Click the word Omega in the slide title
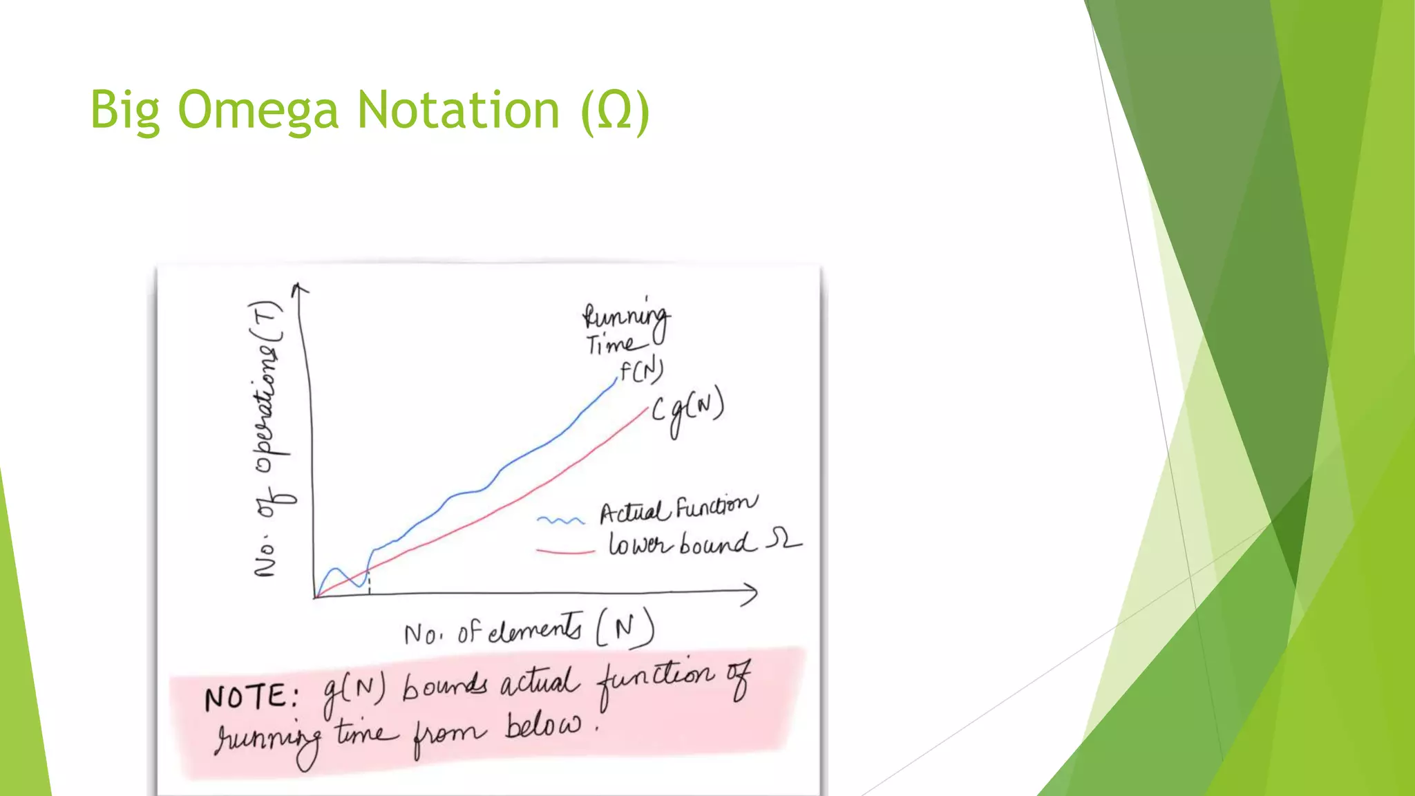coord(258,111)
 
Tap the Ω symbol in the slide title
coord(615,111)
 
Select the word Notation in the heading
coord(457,111)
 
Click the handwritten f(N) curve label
coord(641,371)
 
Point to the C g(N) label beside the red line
coord(688,410)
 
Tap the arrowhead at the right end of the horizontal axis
coord(750,594)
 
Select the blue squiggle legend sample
coord(560,520)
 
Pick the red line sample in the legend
coord(565,551)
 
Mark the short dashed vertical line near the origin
coord(370,582)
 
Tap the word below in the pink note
coord(543,726)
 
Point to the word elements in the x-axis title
coord(535,629)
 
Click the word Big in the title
coord(124,111)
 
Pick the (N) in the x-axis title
coord(625,627)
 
